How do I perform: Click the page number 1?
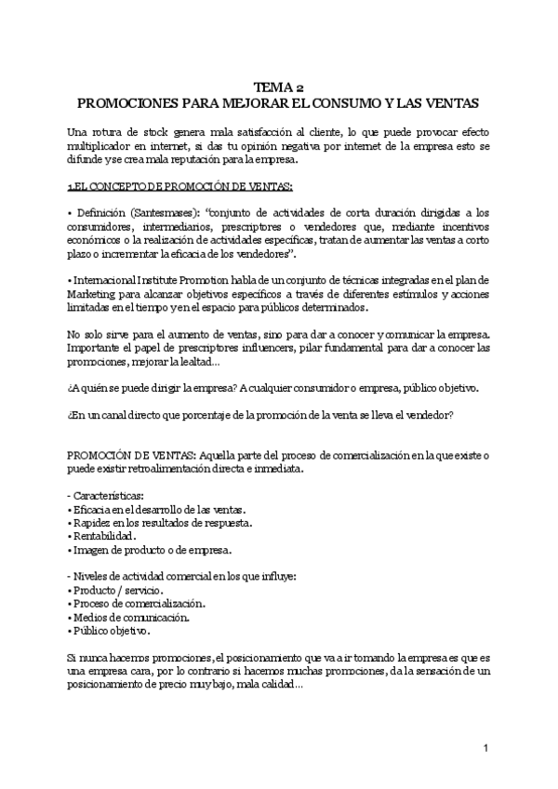485,748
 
